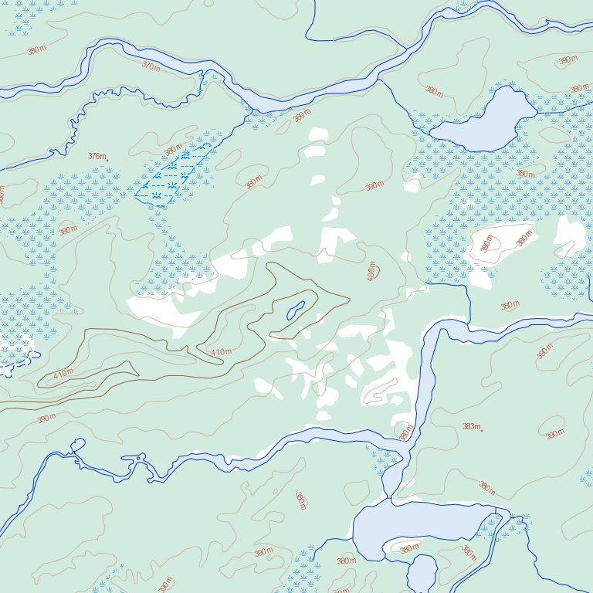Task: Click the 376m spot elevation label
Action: point(96,156)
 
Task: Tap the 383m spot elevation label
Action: point(470,427)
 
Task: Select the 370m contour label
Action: point(151,66)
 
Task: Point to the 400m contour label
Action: point(372,271)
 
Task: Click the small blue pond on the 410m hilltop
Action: point(295,311)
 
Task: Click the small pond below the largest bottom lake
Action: point(422,574)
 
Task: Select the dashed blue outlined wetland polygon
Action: point(171,176)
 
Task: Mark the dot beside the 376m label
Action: point(107,160)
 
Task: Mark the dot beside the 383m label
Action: point(482,431)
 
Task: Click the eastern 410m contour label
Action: point(221,352)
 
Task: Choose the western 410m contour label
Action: point(63,374)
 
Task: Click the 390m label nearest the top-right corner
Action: point(568,60)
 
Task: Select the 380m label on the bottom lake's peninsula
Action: point(409,548)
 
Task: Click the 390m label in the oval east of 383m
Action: point(554,435)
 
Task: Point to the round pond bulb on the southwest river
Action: point(76,445)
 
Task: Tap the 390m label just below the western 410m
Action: point(46,418)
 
